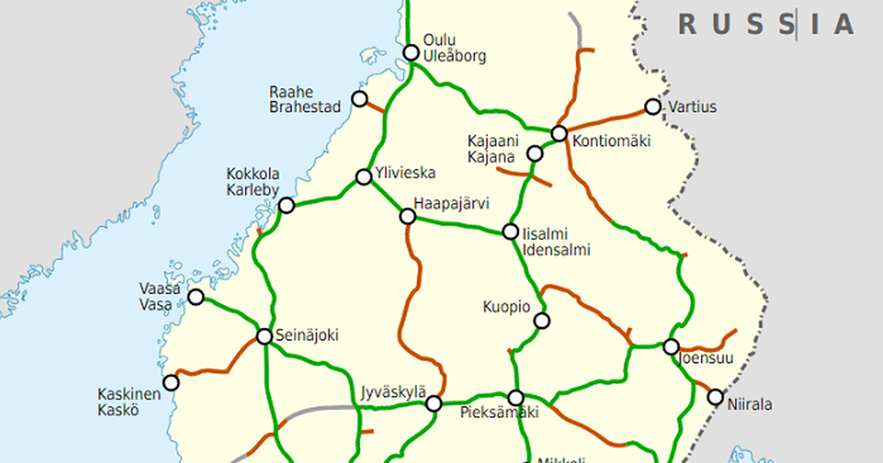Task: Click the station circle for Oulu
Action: point(411,52)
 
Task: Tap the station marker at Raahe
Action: point(360,98)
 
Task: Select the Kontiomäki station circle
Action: point(559,133)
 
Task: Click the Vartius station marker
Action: point(653,107)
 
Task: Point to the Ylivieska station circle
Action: point(364,176)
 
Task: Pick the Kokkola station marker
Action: point(287,205)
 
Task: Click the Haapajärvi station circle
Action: point(408,216)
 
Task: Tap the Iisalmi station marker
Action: point(511,232)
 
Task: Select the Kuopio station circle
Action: point(542,320)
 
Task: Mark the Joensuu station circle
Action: point(671,346)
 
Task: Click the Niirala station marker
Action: point(715,397)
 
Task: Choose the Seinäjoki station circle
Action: point(264,337)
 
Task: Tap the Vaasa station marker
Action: point(196,297)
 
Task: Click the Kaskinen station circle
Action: point(171,383)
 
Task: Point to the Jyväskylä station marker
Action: point(434,403)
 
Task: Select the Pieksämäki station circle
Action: point(516,398)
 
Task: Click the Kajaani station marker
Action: point(535,154)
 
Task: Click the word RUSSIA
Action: point(766,24)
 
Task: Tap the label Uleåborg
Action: point(455,56)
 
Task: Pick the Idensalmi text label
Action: point(556,250)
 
